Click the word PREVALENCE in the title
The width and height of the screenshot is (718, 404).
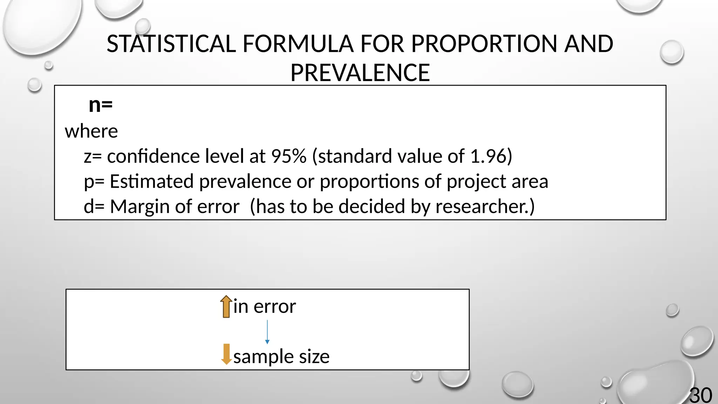click(x=360, y=73)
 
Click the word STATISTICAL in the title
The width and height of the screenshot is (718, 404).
click(x=171, y=44)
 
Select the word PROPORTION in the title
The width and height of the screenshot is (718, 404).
click(x=484, y=44)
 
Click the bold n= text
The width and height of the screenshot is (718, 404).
click(x=101, y=105)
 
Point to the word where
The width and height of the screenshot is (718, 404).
click(x=91, y=132)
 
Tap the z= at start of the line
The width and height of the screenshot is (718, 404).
click(x=93, y=156)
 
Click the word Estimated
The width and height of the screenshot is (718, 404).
click(x=151, y=182)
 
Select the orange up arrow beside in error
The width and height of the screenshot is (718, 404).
click(x=226, y=307)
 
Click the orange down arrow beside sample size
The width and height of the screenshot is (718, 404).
click(x=226, y=354)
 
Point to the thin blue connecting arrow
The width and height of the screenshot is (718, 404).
click(x=267, y=331)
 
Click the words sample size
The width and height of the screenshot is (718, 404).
click(x=281, y=357)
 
